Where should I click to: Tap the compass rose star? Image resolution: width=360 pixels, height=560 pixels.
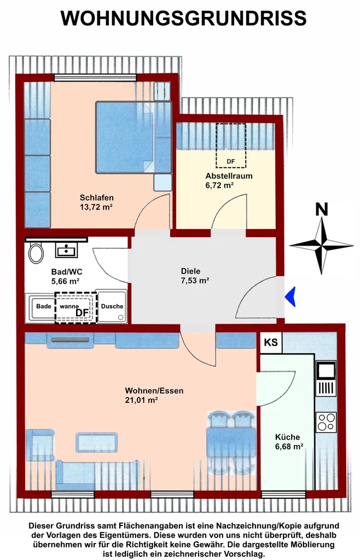322,246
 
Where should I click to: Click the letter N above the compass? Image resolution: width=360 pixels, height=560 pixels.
322,209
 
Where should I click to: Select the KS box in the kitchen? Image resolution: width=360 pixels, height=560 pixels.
271,342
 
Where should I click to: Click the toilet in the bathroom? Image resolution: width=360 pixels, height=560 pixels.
36,253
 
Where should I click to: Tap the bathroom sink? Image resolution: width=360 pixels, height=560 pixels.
66,249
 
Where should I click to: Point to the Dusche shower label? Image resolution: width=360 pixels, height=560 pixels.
112,306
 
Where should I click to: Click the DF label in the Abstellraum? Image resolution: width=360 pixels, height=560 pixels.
231,161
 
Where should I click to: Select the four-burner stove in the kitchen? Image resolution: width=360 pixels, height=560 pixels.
326,422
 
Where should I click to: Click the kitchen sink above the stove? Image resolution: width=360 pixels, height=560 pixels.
326,379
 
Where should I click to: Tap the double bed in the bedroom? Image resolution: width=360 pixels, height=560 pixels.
133,137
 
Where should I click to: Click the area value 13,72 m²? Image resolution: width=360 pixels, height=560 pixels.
96,207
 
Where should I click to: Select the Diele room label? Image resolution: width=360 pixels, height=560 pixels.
191,271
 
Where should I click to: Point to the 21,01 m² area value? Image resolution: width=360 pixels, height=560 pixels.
141,400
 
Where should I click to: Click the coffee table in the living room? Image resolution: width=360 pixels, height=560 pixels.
97,442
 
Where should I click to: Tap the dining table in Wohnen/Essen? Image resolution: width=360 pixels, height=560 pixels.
231,442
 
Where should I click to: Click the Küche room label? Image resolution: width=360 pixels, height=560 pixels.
287,437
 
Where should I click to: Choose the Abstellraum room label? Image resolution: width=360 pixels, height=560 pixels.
229,176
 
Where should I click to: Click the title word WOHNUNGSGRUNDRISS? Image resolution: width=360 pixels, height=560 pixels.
184,18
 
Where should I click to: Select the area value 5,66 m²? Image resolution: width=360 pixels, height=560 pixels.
65,281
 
